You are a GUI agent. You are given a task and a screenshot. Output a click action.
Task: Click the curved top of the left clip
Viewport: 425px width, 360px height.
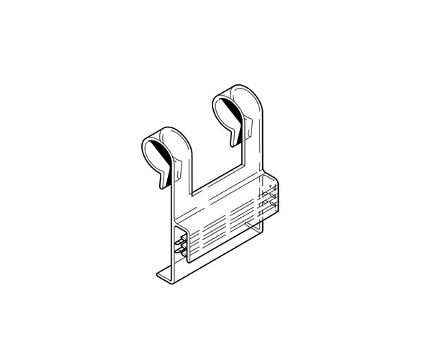point(167,130)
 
